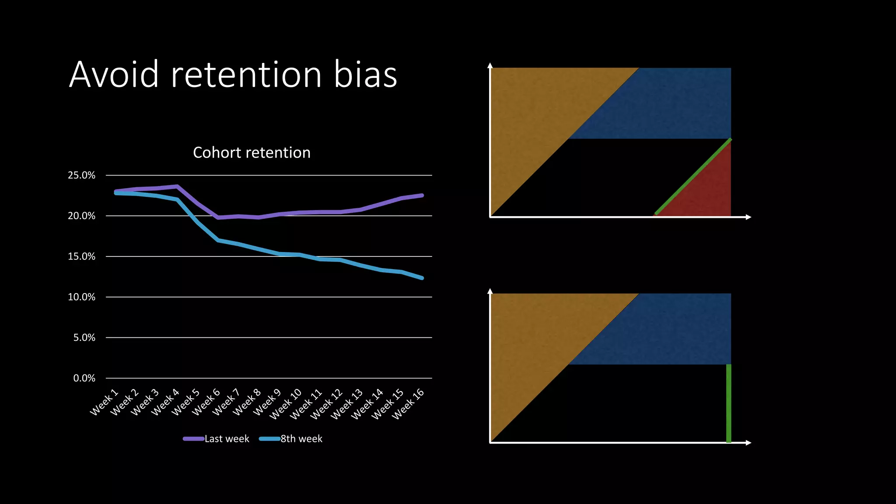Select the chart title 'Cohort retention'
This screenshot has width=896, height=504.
tap(252, 153)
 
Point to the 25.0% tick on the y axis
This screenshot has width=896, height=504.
tap(81, 175)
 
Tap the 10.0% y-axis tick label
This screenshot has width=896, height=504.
tap(81, 297)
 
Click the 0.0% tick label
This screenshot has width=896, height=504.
tap(84, 378)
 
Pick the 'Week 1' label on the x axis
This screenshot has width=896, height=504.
tap(104, 402)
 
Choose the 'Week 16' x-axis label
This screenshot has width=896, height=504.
tap(408, 404)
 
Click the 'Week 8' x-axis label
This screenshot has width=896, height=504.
tap(246, 402)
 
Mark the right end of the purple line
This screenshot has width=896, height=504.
tap(422, 195)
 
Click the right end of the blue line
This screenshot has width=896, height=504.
tap(422, 278)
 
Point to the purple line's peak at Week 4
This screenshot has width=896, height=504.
tap(177, 186)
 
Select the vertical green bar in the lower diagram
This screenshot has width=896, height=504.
tap(728, 402)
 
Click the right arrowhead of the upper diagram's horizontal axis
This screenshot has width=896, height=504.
tap(749, 217)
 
